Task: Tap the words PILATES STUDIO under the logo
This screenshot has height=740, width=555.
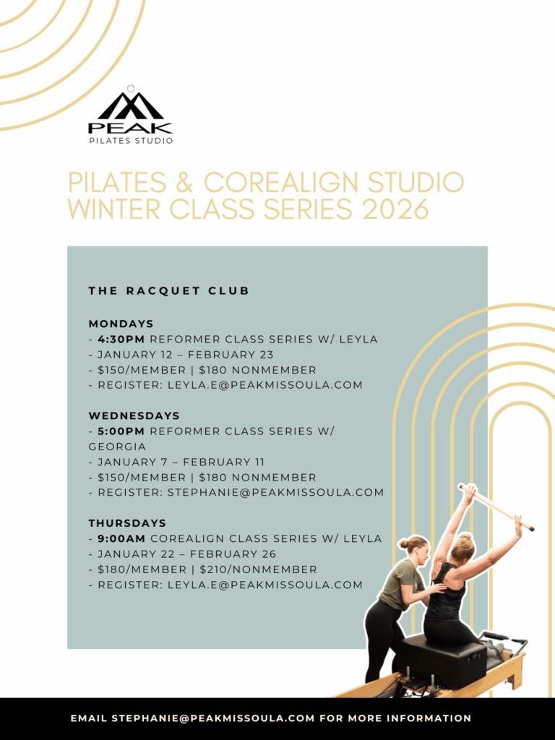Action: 131,141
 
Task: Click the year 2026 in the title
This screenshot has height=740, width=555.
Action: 395,209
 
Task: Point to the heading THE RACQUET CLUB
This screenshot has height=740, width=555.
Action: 169,291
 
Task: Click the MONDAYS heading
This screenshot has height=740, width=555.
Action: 121,324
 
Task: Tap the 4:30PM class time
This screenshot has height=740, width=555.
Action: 121,340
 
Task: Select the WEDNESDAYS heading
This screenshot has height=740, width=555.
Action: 134,416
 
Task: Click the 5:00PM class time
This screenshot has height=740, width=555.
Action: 121,431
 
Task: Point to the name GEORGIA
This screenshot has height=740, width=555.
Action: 118,447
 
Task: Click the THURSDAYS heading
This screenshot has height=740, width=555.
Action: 127,523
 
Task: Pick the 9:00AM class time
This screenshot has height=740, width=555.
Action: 121,538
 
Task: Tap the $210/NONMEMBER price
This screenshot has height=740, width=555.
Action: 258,569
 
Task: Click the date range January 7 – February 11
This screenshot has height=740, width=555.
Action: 181,462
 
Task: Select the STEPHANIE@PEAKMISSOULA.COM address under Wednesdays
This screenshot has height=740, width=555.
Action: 275,493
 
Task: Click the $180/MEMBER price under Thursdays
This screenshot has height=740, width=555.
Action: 142,569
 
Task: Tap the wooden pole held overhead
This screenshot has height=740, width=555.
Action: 496,507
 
